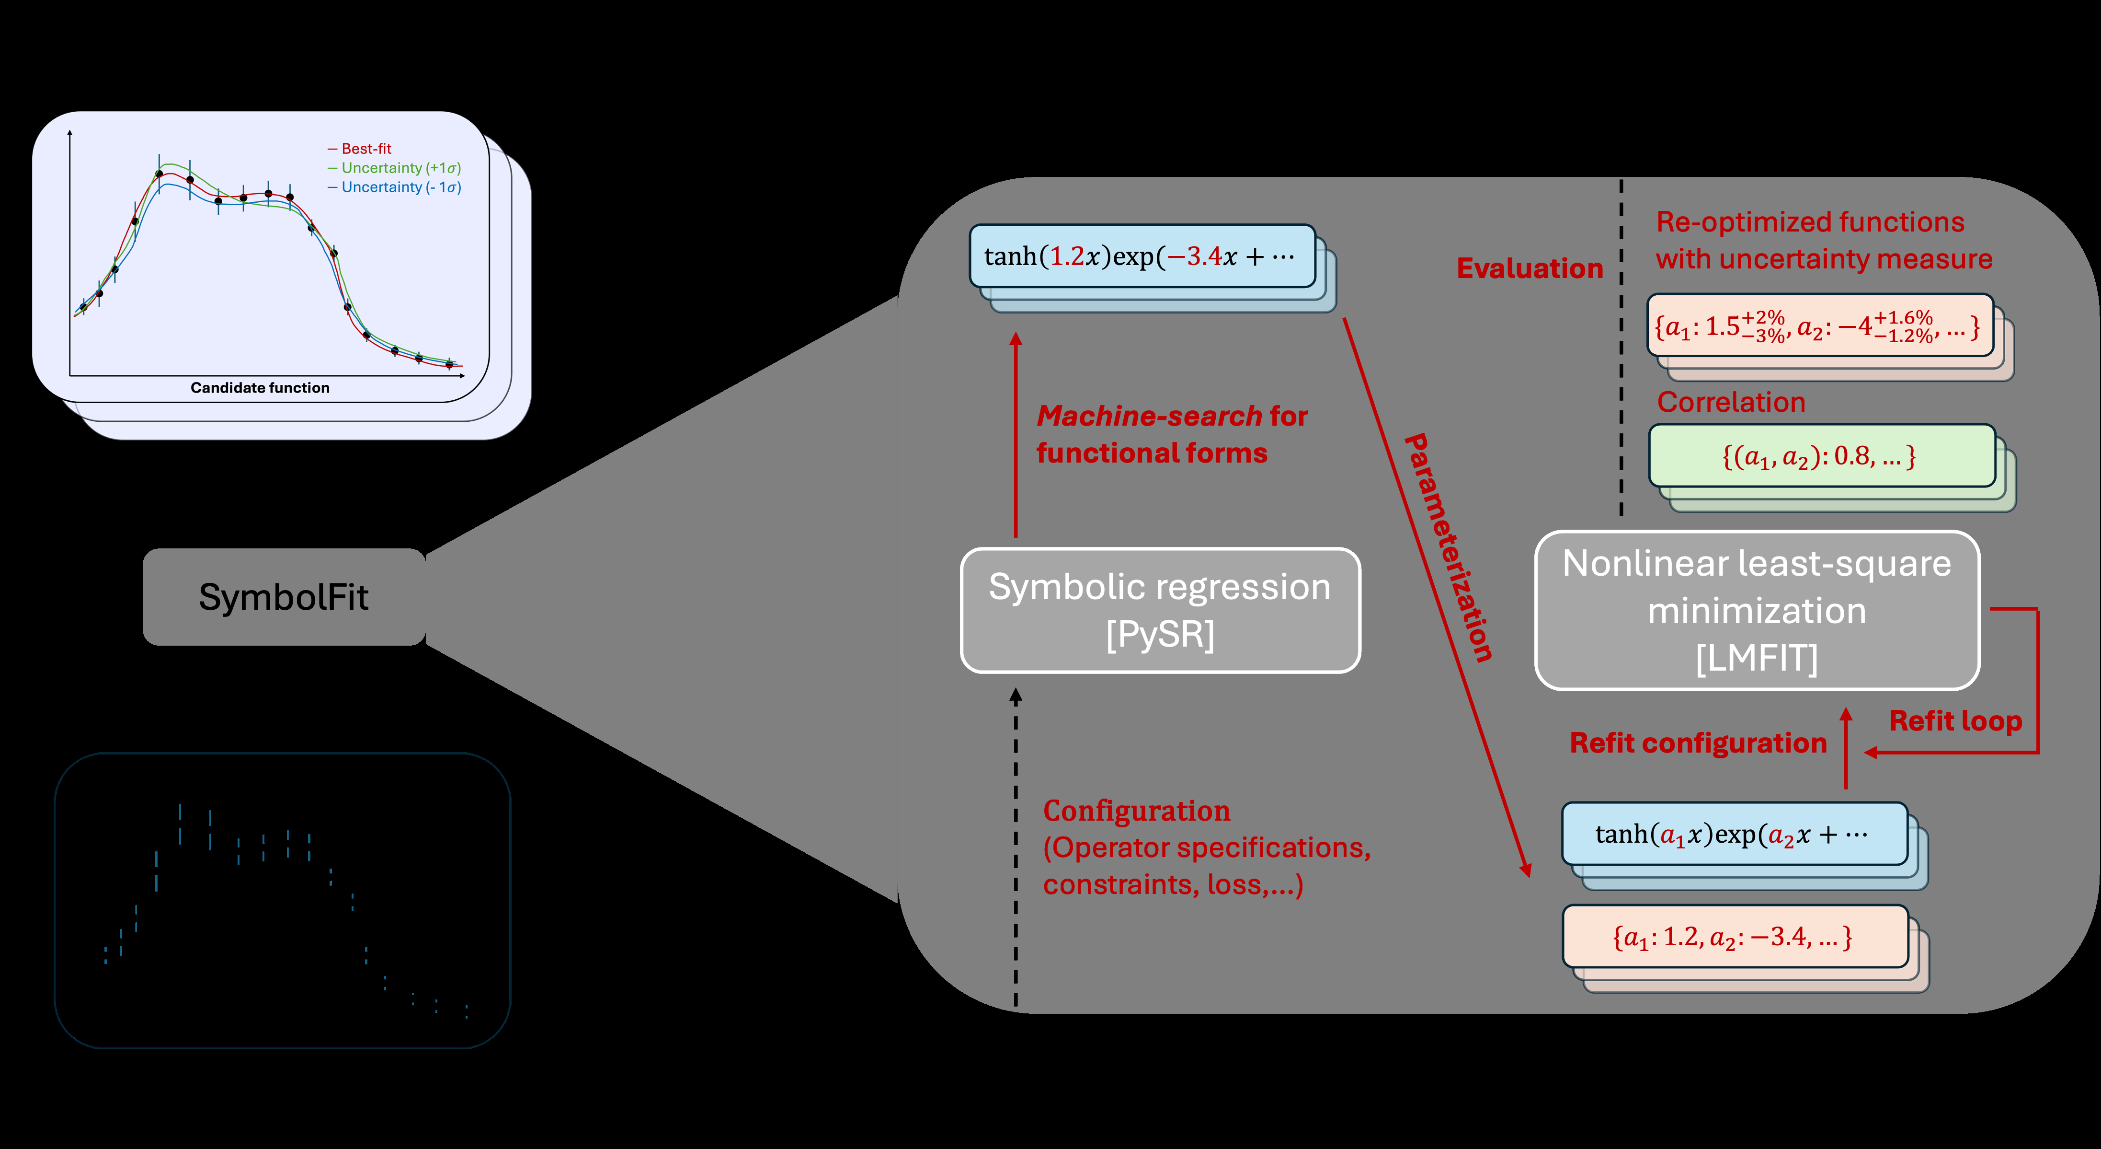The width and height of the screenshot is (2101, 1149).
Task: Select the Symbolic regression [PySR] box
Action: click(1160, 610)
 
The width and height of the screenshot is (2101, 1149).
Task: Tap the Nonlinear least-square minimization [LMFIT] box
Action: click(1757, 610)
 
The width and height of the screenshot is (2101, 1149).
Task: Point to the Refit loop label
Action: click(1955, 721)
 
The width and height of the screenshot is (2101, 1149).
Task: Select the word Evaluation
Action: click(1529, 268)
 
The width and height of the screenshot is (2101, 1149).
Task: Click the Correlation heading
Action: click(1731, 402)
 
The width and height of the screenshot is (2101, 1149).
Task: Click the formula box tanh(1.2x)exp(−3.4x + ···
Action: click(1142, 257)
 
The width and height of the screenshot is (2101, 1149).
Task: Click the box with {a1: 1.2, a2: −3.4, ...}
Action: click(1734, 937)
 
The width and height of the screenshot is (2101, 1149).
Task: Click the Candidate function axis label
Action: click(260, 388)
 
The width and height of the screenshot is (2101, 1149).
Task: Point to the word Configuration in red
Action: click(1136, 811)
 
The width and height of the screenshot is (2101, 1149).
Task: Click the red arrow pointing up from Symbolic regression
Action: click(1016, 432)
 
